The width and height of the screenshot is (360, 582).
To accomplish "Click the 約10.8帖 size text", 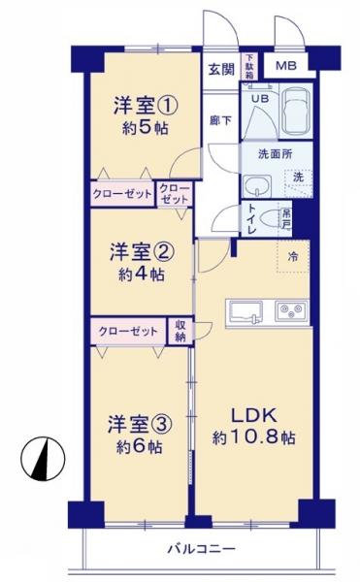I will [x=253, y=437].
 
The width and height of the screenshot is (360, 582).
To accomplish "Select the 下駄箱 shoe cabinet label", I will [x=248, y=66].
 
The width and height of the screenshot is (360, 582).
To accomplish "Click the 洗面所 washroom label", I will [x=275, y=154].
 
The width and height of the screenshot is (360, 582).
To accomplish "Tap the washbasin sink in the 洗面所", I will [x=256, y=185].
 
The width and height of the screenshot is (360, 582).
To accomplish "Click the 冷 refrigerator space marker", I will [x=294, y=256].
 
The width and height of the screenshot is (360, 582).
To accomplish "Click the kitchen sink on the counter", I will [x=244, y=310].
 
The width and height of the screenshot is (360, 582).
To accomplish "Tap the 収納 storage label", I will [x=180, y=330].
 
